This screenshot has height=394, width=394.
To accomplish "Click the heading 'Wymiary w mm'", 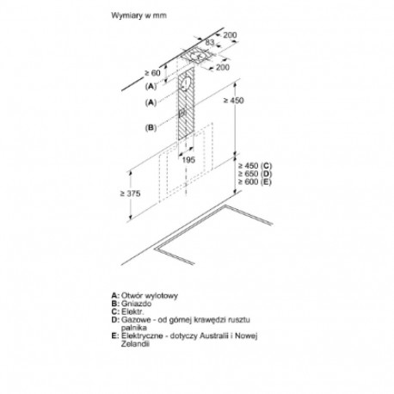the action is [x=139, y=15].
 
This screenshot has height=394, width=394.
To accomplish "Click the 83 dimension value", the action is [x=210, y=42].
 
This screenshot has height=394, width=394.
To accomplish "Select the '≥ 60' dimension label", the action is [x=152, y=73].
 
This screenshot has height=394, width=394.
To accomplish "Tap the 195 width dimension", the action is [x=188, y=160].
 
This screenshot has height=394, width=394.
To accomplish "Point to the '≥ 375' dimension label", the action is [x=131, y=194].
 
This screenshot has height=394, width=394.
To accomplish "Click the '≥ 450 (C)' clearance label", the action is [x=255, y=166].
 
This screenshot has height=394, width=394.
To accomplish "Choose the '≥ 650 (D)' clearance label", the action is [x=255, y=174].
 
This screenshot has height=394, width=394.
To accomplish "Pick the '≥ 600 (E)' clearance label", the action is [x=255, y=182].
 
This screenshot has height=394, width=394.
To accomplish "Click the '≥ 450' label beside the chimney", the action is [x=234, y=101].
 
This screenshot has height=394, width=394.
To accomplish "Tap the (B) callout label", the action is [x=151, y=127].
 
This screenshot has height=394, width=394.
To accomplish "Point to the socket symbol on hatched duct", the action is [x=182, y=114].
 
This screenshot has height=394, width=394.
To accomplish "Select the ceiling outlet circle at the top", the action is [x=199, y=56].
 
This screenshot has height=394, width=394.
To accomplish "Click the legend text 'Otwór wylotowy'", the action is [x=150, y=295].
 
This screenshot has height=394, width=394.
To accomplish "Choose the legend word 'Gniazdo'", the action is [x=136, y=304].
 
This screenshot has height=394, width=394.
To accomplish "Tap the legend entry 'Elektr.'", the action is [x=132, y=311].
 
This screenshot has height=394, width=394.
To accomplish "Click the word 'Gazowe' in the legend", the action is [x=135, y=319].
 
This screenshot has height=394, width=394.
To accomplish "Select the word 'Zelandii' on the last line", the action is [x=135, y=343].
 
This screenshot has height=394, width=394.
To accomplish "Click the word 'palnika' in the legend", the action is [x=134, y=328].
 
